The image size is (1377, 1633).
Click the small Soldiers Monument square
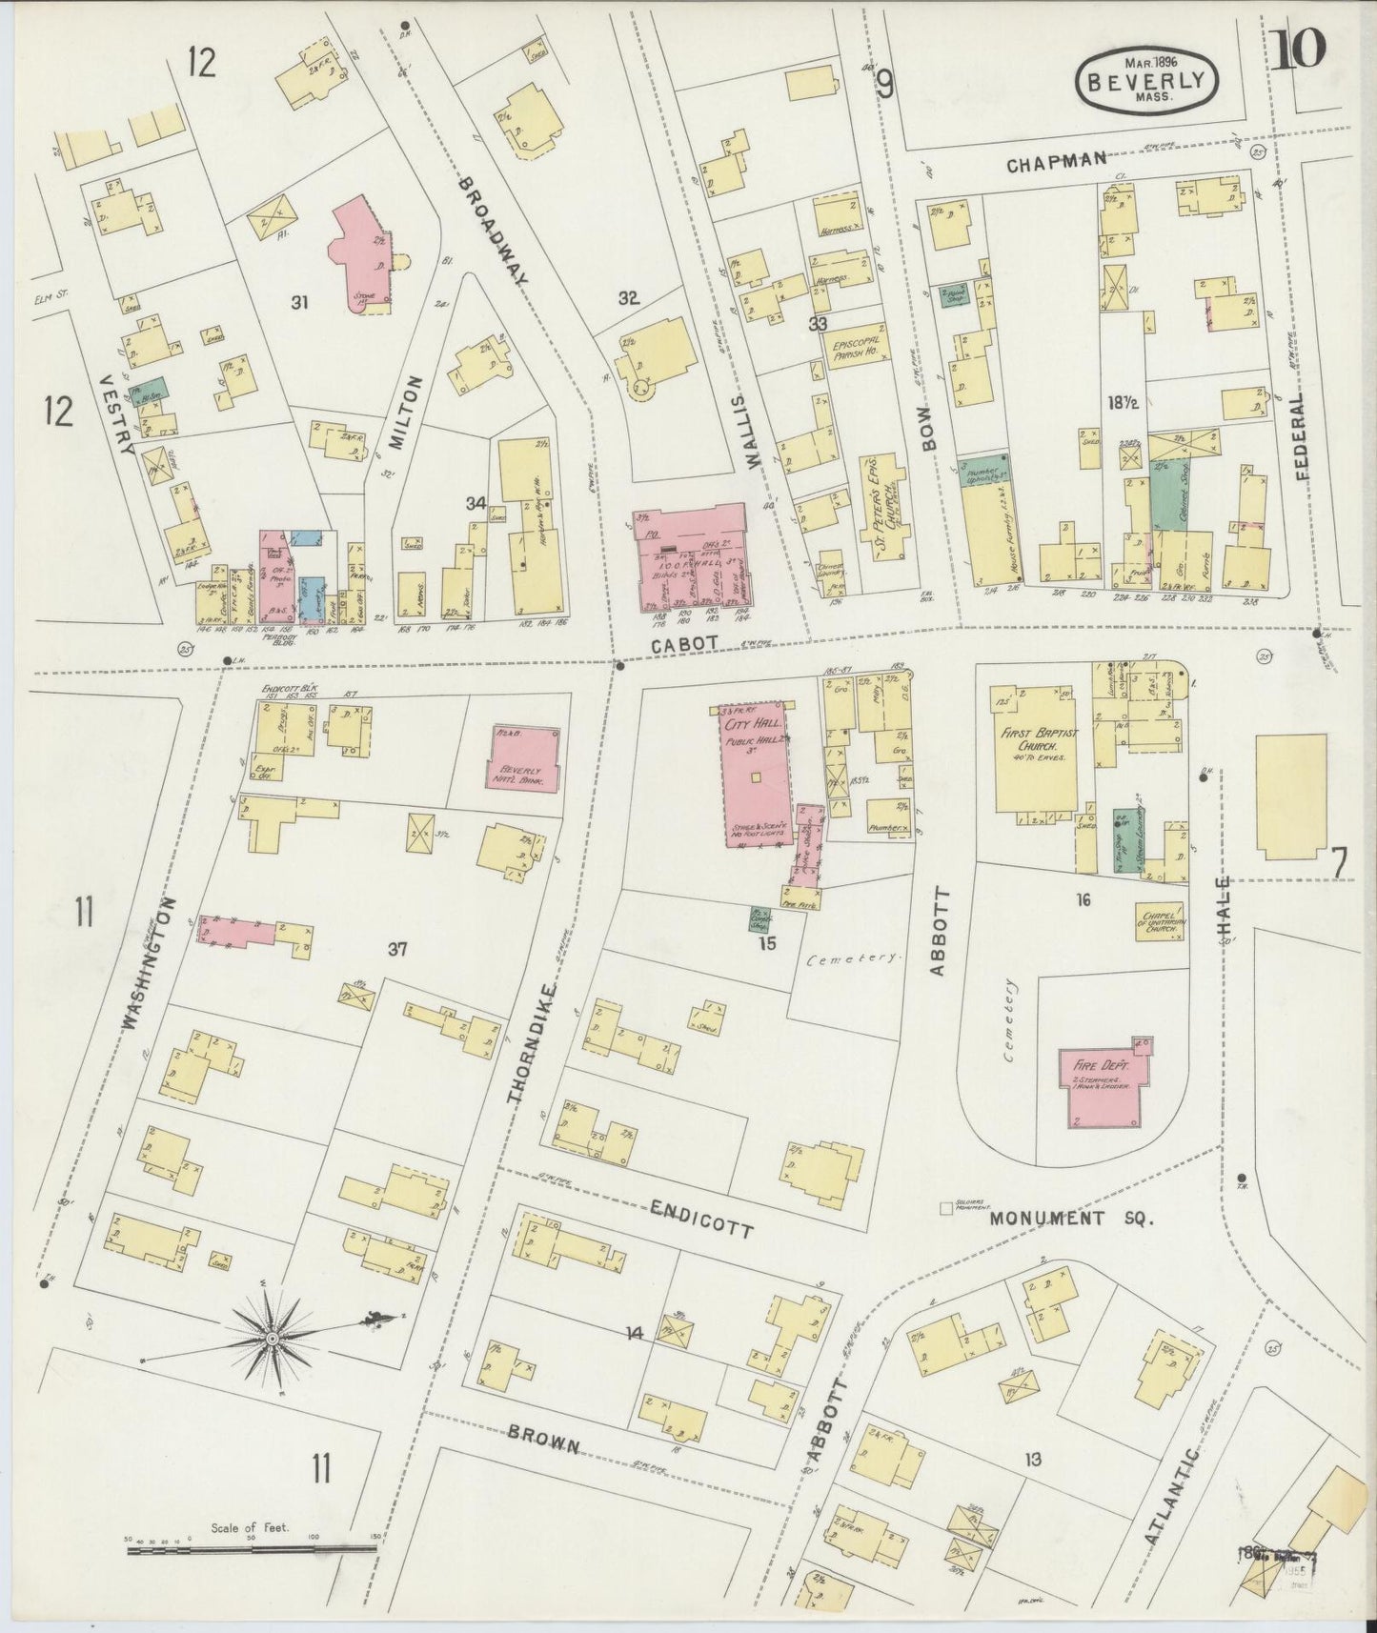[x=946, y=1208]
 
